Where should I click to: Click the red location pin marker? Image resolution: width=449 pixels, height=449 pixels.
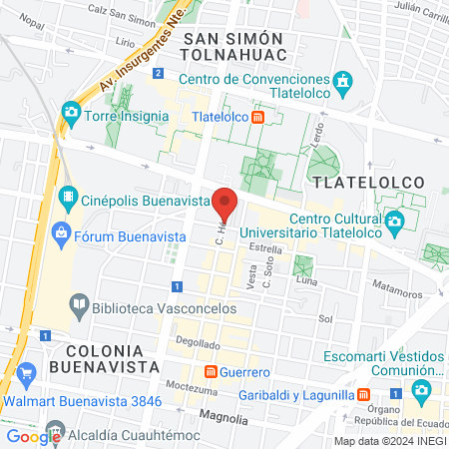pos(224,204)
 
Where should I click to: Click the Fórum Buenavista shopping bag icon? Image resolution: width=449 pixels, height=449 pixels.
pos(62,235)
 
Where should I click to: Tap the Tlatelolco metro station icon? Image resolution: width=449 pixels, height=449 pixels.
pos(258,116)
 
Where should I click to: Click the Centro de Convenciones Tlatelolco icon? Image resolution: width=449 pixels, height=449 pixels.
pos(344,80)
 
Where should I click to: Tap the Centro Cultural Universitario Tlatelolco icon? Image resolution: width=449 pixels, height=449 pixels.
pos(396,223)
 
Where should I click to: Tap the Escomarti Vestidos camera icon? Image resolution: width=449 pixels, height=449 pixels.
pos(424,388)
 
